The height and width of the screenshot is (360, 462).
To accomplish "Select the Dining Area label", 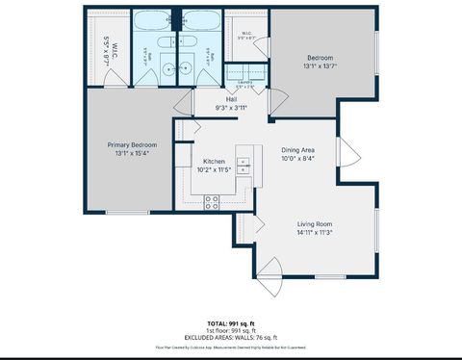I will (298, 150).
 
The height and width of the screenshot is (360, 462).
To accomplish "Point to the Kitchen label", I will (214, 161).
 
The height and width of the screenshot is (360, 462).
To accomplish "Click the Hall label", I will (231, 99).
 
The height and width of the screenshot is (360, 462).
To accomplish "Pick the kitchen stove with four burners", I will (212, 201).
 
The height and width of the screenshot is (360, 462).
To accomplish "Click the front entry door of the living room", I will (270, 272).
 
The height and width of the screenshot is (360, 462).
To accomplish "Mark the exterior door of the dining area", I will (352, 153).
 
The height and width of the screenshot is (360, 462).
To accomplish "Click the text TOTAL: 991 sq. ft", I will (231, 322).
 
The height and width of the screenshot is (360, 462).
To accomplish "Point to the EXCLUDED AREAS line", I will (231, 338).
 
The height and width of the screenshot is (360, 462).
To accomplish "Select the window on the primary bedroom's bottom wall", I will (127, 212).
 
